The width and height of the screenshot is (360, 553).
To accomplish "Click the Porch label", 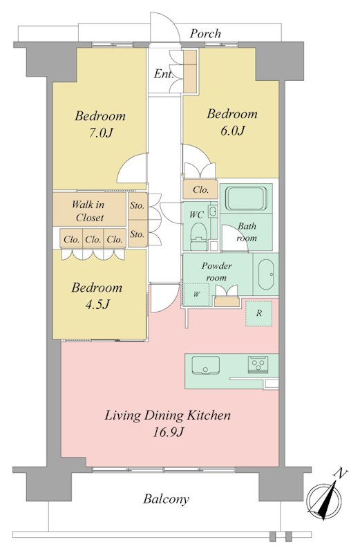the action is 205,34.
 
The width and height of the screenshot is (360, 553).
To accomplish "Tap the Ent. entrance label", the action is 164,74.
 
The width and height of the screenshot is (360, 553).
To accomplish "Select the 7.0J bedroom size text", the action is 100,133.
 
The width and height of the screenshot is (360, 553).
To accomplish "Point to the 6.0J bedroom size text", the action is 232,131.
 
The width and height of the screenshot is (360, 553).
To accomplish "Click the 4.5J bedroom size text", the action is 97,304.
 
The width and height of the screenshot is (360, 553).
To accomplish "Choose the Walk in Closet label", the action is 90,211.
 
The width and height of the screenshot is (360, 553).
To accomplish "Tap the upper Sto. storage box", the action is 138,205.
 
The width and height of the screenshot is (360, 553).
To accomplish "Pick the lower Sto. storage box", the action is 138,234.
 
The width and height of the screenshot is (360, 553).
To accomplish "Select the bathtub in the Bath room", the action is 246,198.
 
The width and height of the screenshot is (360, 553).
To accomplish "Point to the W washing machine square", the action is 196,294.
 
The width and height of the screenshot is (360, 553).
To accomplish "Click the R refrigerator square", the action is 259,313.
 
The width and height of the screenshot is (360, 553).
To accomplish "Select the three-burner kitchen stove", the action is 258,364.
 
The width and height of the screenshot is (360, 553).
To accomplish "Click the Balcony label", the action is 166,499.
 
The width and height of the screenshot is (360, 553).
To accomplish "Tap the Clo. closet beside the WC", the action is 200,189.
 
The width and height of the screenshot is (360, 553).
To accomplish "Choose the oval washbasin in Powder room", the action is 265,274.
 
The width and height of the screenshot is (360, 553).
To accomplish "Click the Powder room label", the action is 216,272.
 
